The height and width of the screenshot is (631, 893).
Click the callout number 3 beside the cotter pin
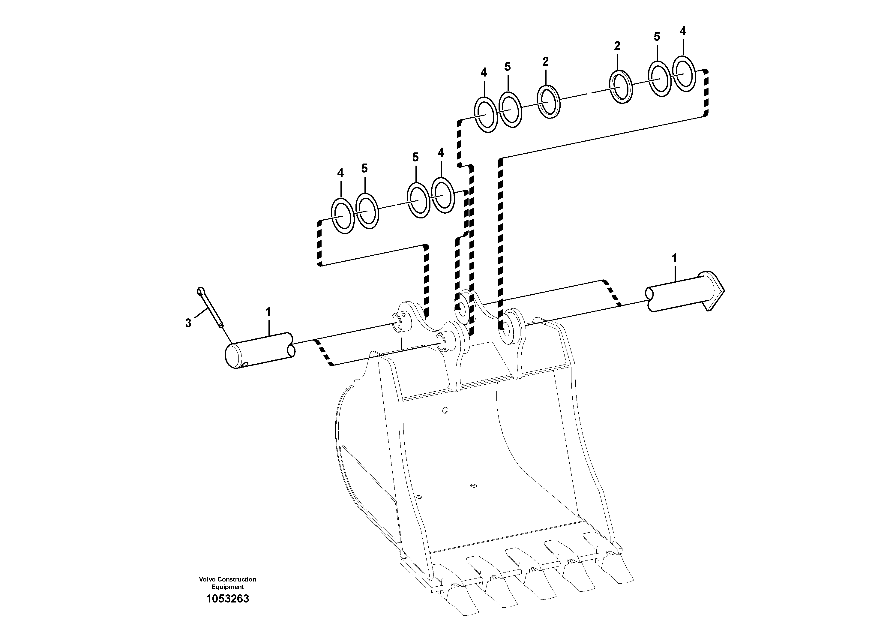click(x=188, y=323)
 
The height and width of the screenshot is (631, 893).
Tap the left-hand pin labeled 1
click(x=259, y=350)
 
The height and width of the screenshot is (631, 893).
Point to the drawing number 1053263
click(x=228, y=599)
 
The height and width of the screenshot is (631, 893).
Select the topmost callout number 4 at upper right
click(x=683, y=31)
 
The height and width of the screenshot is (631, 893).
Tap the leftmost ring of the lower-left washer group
click(x=342, y=216)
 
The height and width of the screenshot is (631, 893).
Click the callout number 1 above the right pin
click(x=674, y=258)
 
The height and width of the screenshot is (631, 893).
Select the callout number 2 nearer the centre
click(x=545, y=62)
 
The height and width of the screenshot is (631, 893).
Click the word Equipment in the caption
click(x=228, y=587)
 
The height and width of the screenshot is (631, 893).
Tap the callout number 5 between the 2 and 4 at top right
click(x=657, y=37)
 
